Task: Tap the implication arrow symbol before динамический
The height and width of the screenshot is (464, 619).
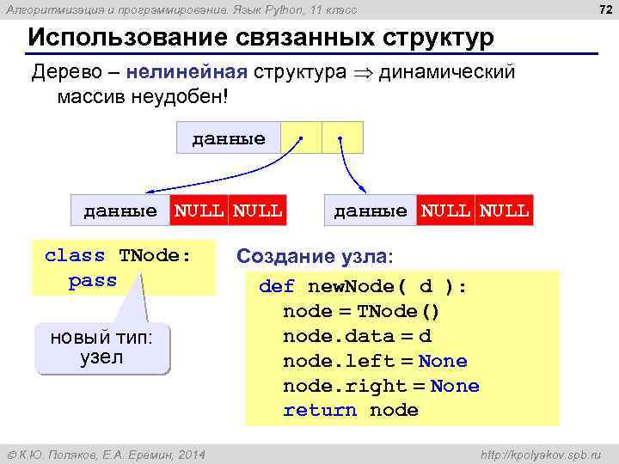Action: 363,71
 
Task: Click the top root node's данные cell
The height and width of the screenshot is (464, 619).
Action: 229,137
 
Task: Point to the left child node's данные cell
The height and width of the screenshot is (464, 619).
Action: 120,210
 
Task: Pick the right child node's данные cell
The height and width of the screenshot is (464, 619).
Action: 371,210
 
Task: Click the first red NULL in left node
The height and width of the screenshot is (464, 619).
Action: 199,210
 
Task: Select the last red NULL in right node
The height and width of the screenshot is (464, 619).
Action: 505,210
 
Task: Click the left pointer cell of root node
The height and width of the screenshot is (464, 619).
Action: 301,137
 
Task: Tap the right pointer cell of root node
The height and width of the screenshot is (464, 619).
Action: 342,137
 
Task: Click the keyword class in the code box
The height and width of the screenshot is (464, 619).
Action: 75,255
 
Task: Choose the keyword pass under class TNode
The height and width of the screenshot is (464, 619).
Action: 92,280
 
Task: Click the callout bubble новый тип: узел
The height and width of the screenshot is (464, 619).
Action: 101,348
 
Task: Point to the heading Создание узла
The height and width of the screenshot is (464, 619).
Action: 314,256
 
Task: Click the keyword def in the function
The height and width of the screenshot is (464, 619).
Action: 277,287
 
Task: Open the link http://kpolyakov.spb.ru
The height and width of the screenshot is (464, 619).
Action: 542,454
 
